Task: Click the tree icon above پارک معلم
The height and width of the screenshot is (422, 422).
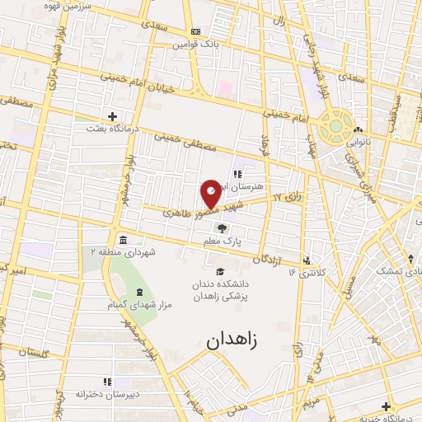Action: pyautogui.click(x=220, y=228)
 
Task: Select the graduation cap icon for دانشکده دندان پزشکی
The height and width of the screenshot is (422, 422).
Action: pyautogui.click(x=219, y=272)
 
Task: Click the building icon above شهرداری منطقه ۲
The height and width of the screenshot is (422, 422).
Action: pyautogui.click(x=123, y=240)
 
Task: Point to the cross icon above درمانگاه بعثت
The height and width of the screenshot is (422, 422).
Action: pyautogui.click(x=112, y=116)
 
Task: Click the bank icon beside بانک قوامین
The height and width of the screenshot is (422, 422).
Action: pyautogui.click(x=195, y=31)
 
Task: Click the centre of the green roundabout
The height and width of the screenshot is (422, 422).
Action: pyautogui.click(x=336, y=128)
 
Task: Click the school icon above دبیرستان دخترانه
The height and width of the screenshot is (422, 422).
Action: pyautogui.click(x=106, y=382)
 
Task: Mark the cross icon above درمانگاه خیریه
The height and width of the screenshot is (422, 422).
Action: pyautogui.click(x=386, y=406)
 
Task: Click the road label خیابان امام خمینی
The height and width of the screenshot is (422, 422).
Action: pyautogui.click(x=124, y=81)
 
